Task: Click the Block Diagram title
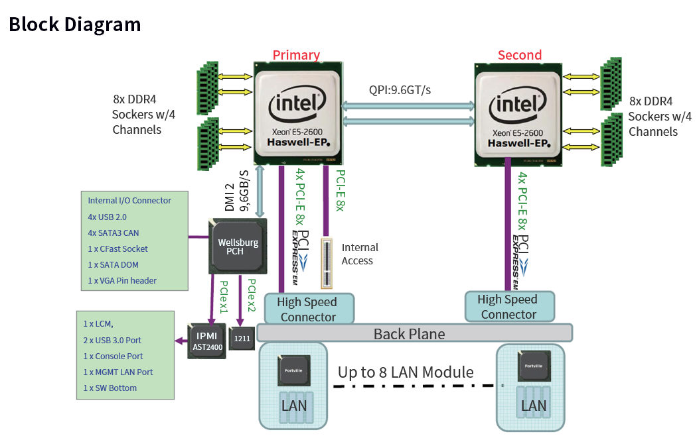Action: tap(74, 25)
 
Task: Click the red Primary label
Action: tap(296, 55)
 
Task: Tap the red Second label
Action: tap(520, 55)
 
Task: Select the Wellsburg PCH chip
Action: tap(238, 246)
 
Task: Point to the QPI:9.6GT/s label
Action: tap(400, 89)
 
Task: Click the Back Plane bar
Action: tap(409, 333)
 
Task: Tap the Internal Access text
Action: tap(360, 254)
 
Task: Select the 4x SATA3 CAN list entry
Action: tap(114, 233)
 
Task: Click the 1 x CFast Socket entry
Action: tap(117, 248)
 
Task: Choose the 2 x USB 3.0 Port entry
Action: tap(112, 340)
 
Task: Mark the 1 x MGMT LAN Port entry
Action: tap(118, 372)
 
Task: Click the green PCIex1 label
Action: tap(224, 296)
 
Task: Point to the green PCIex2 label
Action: tap(252, 295)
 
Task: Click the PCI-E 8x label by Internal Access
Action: tap(339, 191)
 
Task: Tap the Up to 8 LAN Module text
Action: tap(406, 372)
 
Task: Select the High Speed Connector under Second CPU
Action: tap(508, 307)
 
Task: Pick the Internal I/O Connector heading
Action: tap(129, 201)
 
